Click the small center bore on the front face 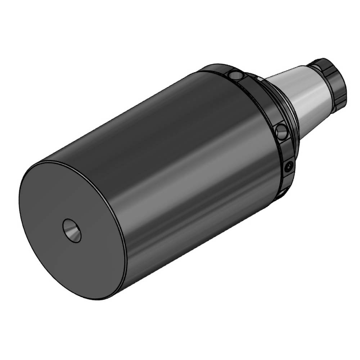72,230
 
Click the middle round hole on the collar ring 282,131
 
